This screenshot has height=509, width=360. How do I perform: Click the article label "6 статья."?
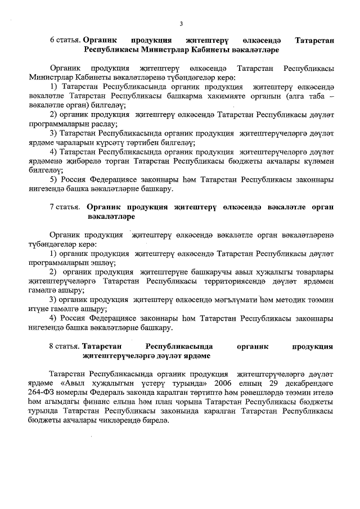pyautogui.click(x=65, y=40)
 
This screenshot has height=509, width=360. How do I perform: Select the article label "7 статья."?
pyautogui.click(x=64, y=207)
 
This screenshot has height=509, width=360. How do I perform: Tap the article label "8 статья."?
pyautogui.click(x=65, y=346)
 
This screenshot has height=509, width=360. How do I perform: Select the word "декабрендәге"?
pyautogui.click(x=308, y=382)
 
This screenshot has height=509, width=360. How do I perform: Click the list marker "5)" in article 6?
pyautogui.click(x=55, y=179)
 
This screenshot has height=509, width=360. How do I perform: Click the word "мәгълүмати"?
pyautogui.click(x=236, y=299)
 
